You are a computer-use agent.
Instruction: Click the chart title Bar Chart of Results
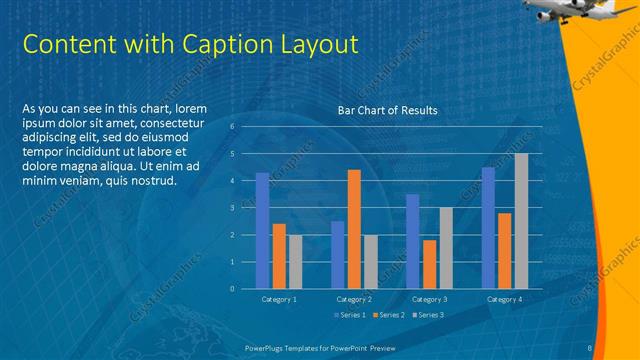click(388, 110)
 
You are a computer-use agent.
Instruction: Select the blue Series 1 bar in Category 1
click(262, 230)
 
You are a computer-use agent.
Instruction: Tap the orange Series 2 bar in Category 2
click(354, 229)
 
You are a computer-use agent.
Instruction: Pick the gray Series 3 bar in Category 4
click(521, 221)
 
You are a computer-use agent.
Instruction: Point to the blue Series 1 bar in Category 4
click(488, 228)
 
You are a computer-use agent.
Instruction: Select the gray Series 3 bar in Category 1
click(294, 261)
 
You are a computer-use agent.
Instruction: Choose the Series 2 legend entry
click(387, 315)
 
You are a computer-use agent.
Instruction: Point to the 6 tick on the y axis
click(232, 127)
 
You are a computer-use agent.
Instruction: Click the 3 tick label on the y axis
click(232, 208)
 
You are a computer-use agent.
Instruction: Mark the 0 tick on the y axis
click(232, 289)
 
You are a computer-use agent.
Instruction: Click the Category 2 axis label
click(354, 299)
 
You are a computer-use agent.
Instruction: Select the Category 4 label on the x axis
click(504, 299)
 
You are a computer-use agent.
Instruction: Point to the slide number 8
click(591, 347)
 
